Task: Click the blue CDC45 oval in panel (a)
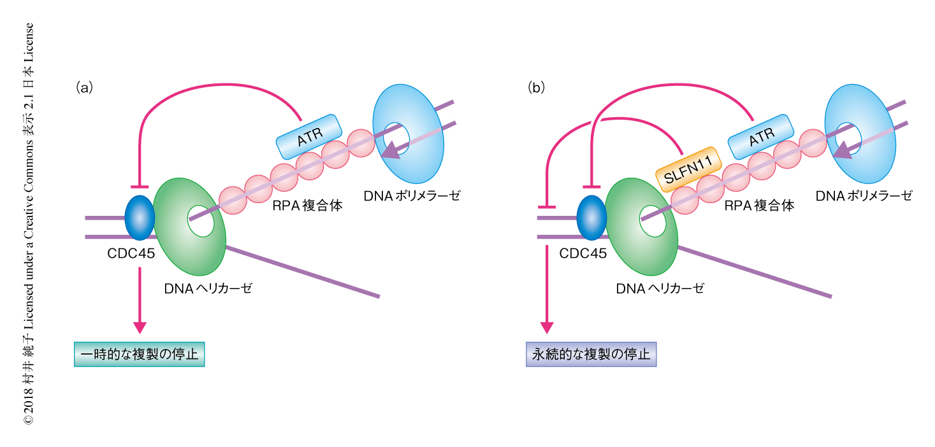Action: pyautogui.click(x=140, y=216)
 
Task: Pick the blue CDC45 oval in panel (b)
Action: pyautogui.click(x=591, y=217)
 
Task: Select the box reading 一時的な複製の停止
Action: pyautogui.click(x=140, y=354)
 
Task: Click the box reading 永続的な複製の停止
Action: pyautogui.click(x=591, y=354)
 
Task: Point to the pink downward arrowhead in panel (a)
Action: pyautogui.click(x=140, y=327)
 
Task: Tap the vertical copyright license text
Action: pyautogui.click(x=28, y=223)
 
